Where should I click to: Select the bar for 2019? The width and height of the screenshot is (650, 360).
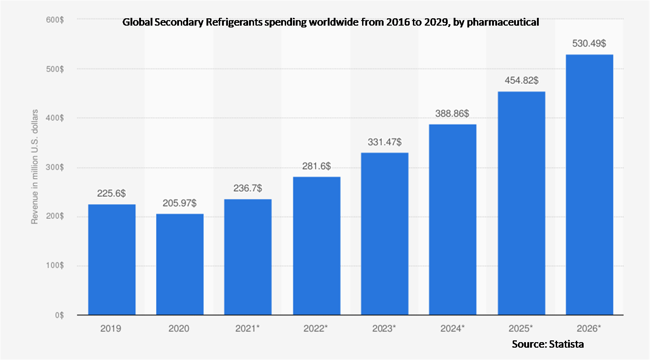pyautogui.click(x=112, y=259)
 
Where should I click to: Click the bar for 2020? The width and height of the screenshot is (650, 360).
pyautogui.click(x=180, y=264)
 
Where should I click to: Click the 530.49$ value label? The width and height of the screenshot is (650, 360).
pyautogui.click(x=590, y=44)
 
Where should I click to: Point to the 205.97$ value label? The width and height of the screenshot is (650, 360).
pyautogui.click(x=180, y=203)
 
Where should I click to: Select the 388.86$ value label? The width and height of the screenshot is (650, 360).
pyautogui.click(x=453, y=113)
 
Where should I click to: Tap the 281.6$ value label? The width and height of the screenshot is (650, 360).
pyautogui.click(x=316, y=166)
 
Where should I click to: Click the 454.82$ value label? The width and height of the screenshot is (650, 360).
pyautogui.click(x=521, y=81)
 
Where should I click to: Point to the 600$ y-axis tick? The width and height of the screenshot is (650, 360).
pyautogui.click(x=54, y=19)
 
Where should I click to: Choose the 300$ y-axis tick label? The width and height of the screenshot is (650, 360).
pyautogui.click(x=54, y=167)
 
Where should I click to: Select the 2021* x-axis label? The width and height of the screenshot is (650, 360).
pyautogui.click(x=248, y=328)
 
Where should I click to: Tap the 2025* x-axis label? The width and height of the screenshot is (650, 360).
pyautogui.click(x=521, y=328)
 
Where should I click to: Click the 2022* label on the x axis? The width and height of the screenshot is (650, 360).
pyautogui.click(x=316, y=328)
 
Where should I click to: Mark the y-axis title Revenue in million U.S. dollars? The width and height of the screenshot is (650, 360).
pyautogui.click(x=34, y=167)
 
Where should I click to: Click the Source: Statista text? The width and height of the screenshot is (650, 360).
pyautogui.click(x=547, y=344)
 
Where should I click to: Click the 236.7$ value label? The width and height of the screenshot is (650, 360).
pyautogui.click(x=248, y=188)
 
